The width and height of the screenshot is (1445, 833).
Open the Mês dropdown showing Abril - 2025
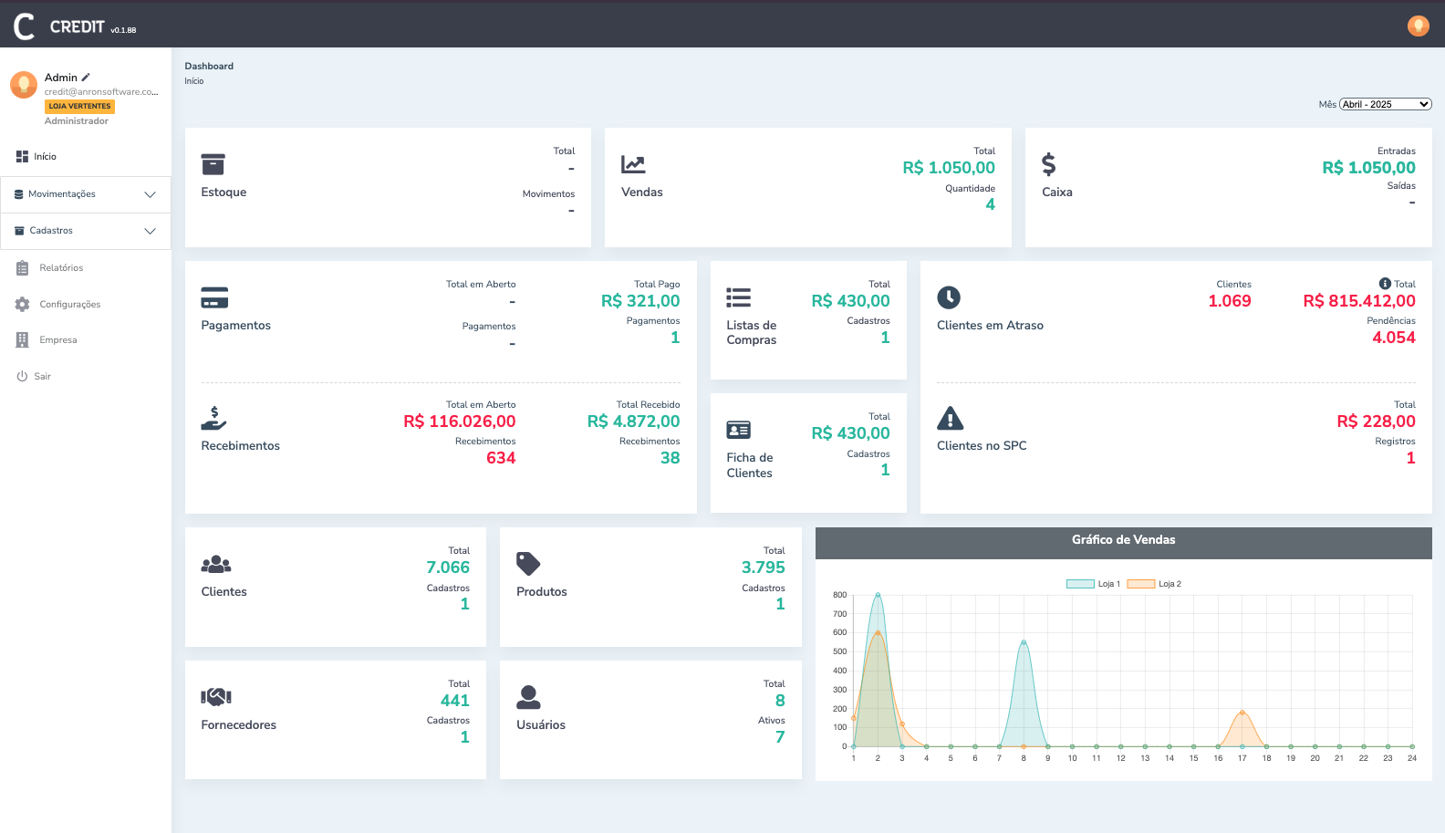coord(1385,104)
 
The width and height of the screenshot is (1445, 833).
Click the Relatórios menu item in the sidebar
coord(61,268)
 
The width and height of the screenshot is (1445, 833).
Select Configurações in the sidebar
coord(69,305)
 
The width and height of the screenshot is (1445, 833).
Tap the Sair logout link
coord(42,377)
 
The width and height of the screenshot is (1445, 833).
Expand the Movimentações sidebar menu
coord(85,194)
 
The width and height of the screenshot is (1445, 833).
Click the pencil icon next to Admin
coord(86,78)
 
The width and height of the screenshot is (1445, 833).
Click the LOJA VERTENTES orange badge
coord(79,107)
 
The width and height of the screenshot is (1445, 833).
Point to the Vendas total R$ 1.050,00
coord(948,168)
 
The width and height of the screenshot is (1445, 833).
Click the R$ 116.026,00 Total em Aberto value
coord(459,422)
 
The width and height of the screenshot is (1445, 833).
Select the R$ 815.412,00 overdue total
coord(1358,301)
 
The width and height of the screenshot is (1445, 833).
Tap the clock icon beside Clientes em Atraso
coord(949,297)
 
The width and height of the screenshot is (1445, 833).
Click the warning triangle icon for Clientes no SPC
coord(950,419)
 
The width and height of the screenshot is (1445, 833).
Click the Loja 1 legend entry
coord(1094,584)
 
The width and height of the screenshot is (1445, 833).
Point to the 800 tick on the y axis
coord(839,595)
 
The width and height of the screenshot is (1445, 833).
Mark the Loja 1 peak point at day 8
coord(1024,642)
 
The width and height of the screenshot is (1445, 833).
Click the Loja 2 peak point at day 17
coord(1242,713)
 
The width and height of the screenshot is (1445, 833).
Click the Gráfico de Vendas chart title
coord(1123,540)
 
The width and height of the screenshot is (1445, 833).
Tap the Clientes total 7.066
coord(447,567)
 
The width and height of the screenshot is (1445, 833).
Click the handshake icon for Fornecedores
coord(216,697)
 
